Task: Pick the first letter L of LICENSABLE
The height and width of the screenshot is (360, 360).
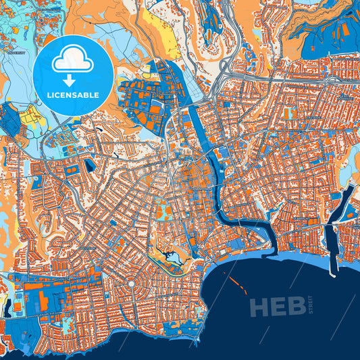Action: tap(48, 94)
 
